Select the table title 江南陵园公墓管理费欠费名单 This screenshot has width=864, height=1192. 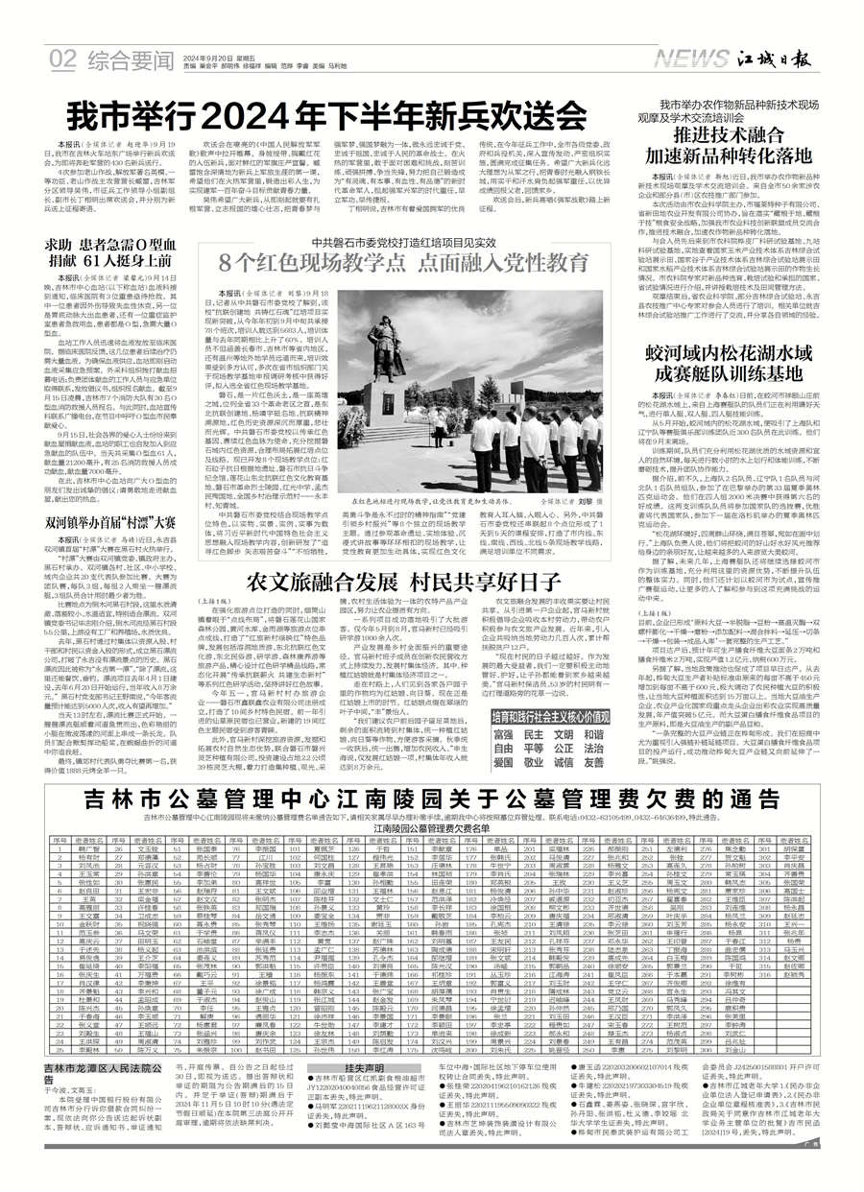click(x=431, y=826)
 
